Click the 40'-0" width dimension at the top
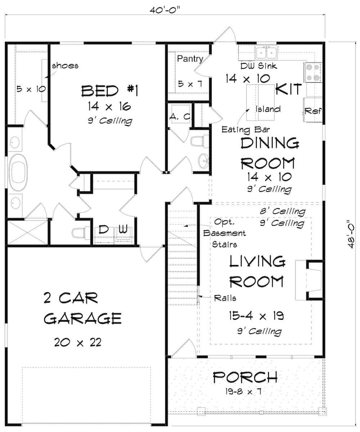(165, 9)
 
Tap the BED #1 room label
(109, 91)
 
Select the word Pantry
(190, 59)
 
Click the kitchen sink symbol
(266, 52)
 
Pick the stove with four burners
(313, 72)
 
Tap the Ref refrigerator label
(312, 111)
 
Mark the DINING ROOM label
(269, 153)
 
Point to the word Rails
(225, 298)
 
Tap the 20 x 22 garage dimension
(77, 342)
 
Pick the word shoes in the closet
(65, 66)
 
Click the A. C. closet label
(180, 117)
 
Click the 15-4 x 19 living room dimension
(256, 316)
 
